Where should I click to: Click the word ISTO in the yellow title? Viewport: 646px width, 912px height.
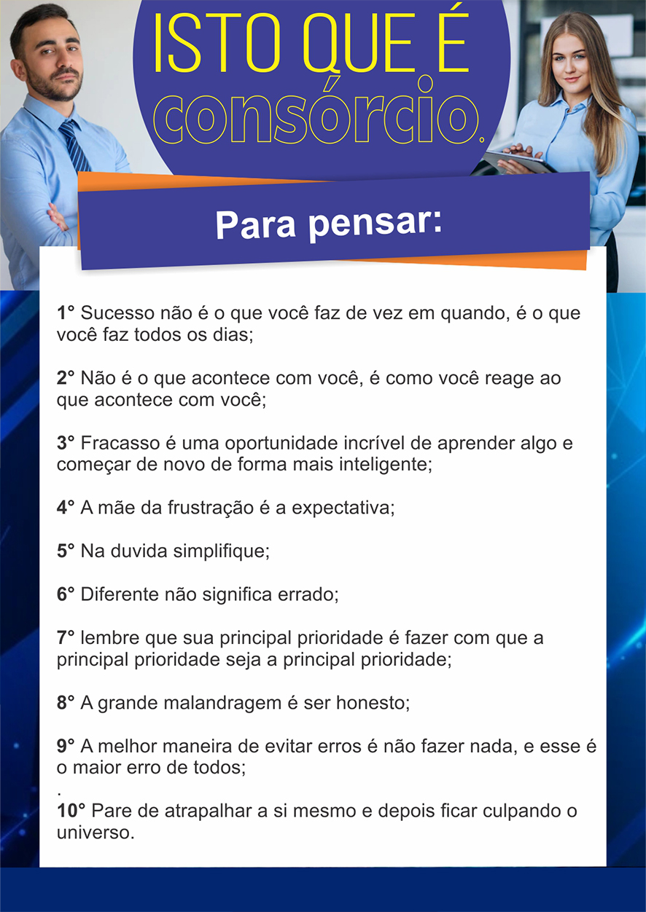(x=217, y=43)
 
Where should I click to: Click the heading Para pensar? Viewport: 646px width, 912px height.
(x=329, y=224)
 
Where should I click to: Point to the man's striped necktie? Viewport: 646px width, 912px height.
(x=74, y=146)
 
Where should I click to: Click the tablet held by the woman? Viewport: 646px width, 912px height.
(x=518, y=160)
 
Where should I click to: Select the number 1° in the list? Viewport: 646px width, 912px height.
(x=66, y=312)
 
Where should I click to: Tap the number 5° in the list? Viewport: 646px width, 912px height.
(x=66, y=551)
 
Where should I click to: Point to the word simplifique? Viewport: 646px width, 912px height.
(x=221, y=551)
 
